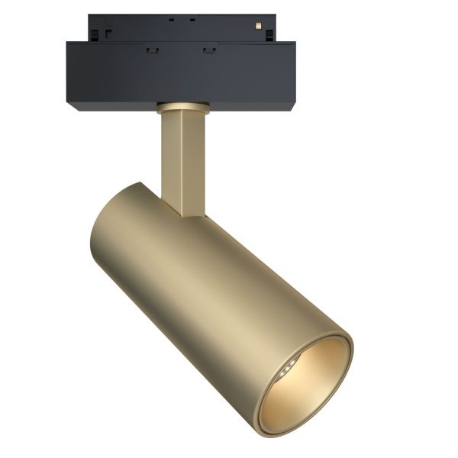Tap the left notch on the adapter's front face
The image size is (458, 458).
150,50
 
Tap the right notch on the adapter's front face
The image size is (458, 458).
208,50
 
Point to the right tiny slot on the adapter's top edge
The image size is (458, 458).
192,18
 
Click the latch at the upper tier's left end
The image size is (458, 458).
108,33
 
